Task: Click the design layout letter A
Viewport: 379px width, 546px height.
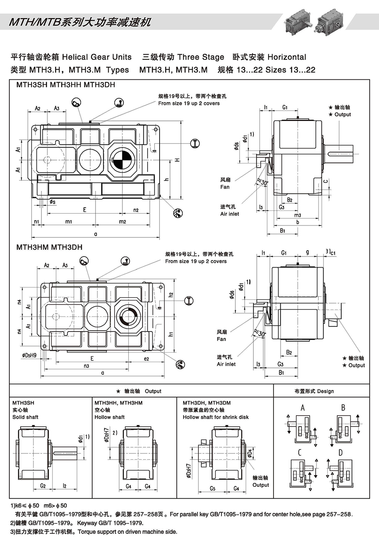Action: pos(303,408)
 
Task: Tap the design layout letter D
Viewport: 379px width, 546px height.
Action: pos(340,453)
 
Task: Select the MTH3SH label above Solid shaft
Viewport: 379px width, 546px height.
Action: pos(23,403)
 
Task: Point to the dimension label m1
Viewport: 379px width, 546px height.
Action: pos(69,221)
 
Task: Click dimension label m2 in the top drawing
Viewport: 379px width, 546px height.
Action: pos(122,221)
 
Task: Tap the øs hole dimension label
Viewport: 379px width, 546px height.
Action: pos(52,202)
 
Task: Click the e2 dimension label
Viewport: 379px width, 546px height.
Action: pos(146,359)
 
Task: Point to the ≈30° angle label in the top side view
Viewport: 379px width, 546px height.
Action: pos(262,182)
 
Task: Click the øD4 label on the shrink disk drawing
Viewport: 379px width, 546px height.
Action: pos(249,451)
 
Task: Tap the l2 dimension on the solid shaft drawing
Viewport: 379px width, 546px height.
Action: pos(64,486)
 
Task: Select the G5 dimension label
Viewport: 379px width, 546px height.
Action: pos(213,488)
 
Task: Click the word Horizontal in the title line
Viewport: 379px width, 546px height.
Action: pos(287,57)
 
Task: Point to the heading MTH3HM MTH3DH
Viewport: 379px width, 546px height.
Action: pos(49,247)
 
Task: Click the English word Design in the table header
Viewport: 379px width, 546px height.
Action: pos(325,391)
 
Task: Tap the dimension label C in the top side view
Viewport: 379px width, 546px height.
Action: pos(326,181)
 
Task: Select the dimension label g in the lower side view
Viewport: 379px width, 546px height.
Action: pos(308,252)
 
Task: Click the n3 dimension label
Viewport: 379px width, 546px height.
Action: pos(86,366)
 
